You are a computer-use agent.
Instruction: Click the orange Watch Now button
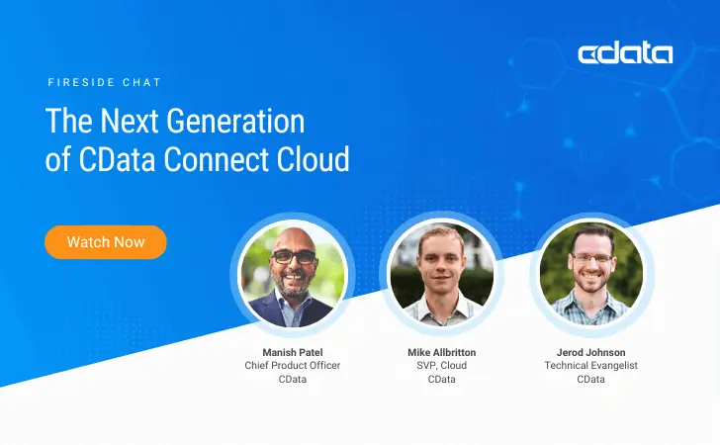(106, 241)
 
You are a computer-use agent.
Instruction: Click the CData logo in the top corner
(625, 53)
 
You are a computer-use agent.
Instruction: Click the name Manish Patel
(293, 352)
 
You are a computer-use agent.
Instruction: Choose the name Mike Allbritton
(441, 352)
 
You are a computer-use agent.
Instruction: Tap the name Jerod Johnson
(591, 352)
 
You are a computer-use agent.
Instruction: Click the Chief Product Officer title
(293, 366)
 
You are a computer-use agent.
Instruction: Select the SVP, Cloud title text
(441, 366)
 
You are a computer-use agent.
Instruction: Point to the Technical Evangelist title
(591, 366)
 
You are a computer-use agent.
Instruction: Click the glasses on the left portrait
(293, 256)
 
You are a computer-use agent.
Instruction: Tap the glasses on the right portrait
(592, 257)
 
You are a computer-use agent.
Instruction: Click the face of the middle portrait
(441, 265)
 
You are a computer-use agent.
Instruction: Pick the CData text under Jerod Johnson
(591, 379)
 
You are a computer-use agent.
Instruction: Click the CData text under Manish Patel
(293, 379)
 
